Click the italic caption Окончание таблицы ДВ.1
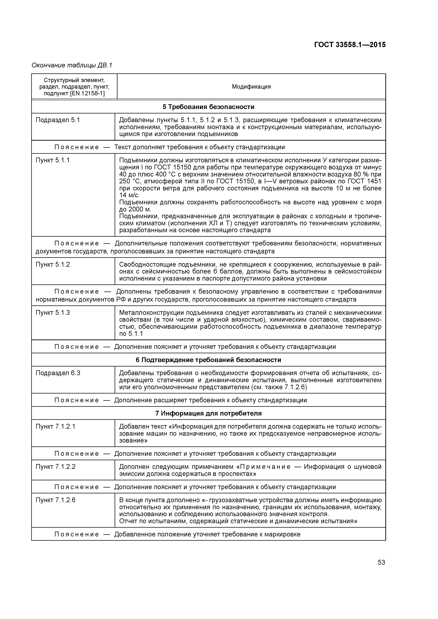[x=72, y=65]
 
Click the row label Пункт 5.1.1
[x=53, y=160]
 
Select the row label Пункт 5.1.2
[x=53, y=265]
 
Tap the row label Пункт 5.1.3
[x=53, y=312]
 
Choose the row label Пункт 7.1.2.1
[x=55, y=426]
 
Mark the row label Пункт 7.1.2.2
[x=55, y=467]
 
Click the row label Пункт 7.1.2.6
[x=55, y=500]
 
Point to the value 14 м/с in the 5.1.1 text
[x=129, y=195]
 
